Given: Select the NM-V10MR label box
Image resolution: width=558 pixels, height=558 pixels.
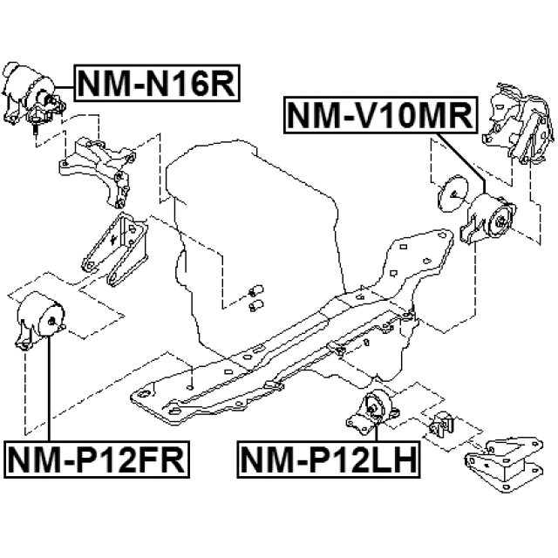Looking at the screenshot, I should coord(380,116).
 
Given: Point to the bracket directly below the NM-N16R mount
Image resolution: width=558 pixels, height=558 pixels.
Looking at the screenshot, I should coord(98,166).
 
